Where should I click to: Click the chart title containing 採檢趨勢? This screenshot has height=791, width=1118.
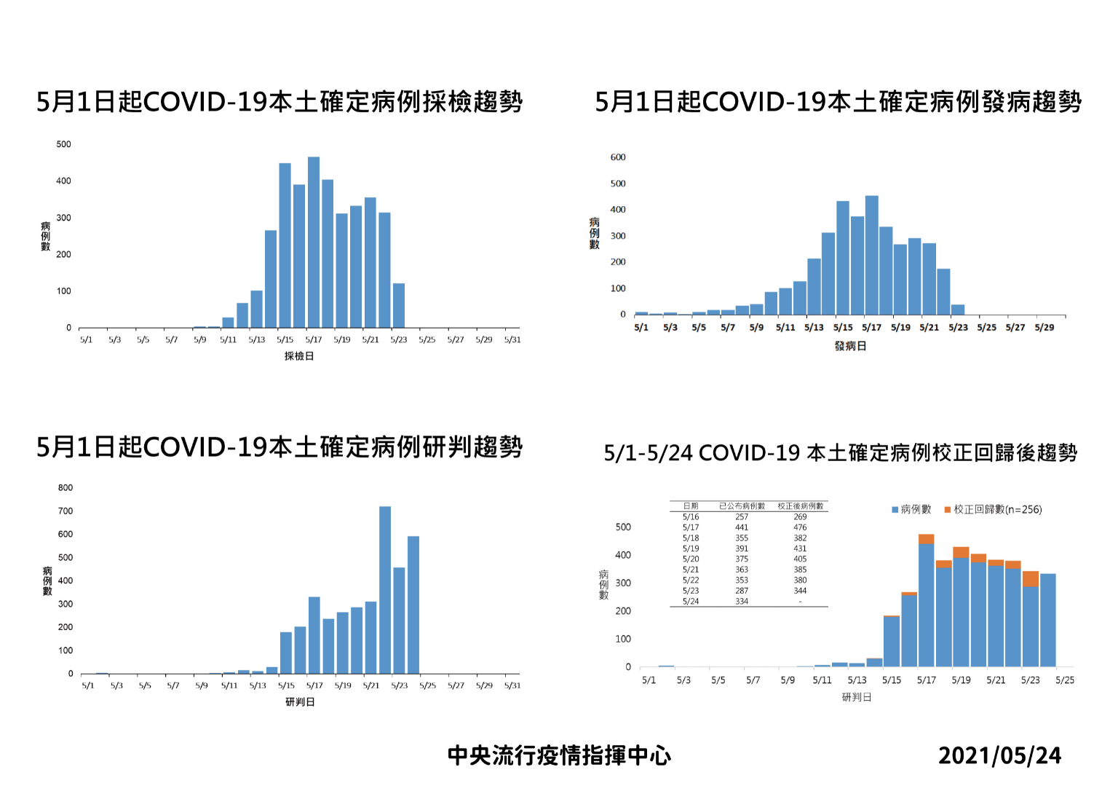[279, 102]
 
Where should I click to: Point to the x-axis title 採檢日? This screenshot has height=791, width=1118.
[298, 356]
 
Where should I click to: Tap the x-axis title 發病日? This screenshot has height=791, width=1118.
[850, 346]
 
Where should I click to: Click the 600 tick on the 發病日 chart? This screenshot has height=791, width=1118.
[618, 157]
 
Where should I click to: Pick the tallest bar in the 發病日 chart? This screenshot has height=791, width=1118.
[871, 255]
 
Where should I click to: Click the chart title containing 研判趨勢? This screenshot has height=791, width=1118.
[279, 447]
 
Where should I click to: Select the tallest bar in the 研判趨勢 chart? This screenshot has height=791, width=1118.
[385, 590]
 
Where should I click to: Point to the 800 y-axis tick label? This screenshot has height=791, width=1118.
[66, 488]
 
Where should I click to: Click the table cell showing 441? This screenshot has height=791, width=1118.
[742, 527]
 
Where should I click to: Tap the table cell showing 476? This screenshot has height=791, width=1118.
[800, 527]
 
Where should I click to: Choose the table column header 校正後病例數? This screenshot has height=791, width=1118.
[800, 506]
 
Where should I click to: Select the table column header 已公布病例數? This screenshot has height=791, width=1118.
[742, 506]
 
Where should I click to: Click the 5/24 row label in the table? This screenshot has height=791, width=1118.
[691, 602]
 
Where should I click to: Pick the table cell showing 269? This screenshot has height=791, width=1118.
[800, 517]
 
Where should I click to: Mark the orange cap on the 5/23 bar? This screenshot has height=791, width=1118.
[1031, 579]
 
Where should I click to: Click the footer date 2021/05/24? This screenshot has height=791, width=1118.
[999, 756]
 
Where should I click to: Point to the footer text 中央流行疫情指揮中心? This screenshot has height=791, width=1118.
[559, 756]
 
